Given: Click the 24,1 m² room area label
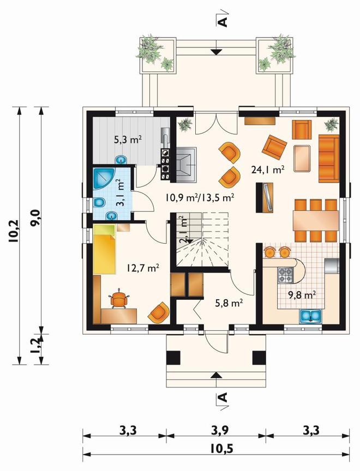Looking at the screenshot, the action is (268, 170).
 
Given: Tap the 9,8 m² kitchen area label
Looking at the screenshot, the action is (302, 295).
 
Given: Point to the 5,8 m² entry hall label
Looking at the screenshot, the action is (229, 303).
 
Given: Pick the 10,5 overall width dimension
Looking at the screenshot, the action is (222, 449).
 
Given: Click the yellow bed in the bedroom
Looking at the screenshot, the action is (104, 249).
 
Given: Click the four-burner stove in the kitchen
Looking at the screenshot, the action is (285, 275).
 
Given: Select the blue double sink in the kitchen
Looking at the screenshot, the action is (311, 317).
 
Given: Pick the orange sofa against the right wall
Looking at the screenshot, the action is (329, 159).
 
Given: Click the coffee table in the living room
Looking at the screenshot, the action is (302, 158).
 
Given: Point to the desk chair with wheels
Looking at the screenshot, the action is (119, 299).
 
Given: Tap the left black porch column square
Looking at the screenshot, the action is (173, 358).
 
